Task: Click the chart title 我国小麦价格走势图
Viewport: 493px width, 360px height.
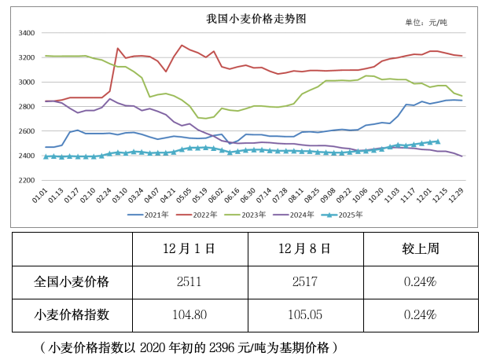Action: [246, 17]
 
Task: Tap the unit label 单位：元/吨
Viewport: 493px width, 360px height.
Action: [436, 22]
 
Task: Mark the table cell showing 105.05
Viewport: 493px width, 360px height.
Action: [304, 314]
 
